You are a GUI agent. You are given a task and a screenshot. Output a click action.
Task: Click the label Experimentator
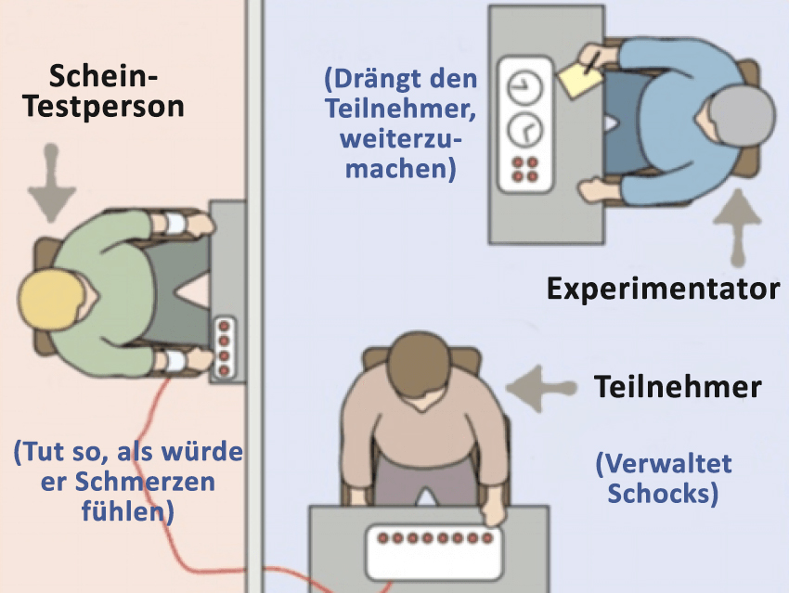coord(662,289)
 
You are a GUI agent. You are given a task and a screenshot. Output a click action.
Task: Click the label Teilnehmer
coord(678,385)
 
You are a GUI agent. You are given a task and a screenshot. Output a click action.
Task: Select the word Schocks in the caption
coord(664,493)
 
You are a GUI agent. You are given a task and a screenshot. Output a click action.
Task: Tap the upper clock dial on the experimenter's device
coord(522,88)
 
